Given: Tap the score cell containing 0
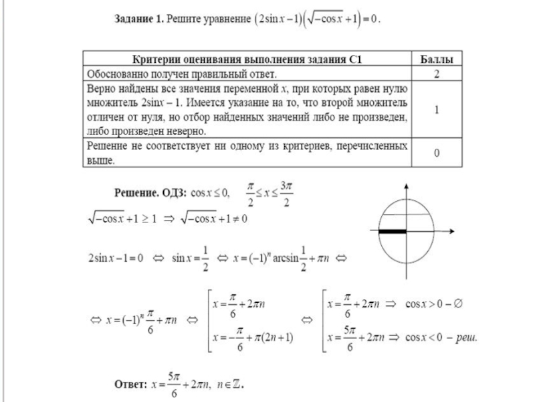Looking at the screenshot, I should [x=437, y=153].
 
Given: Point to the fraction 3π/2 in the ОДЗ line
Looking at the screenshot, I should [x=285, y=194].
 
